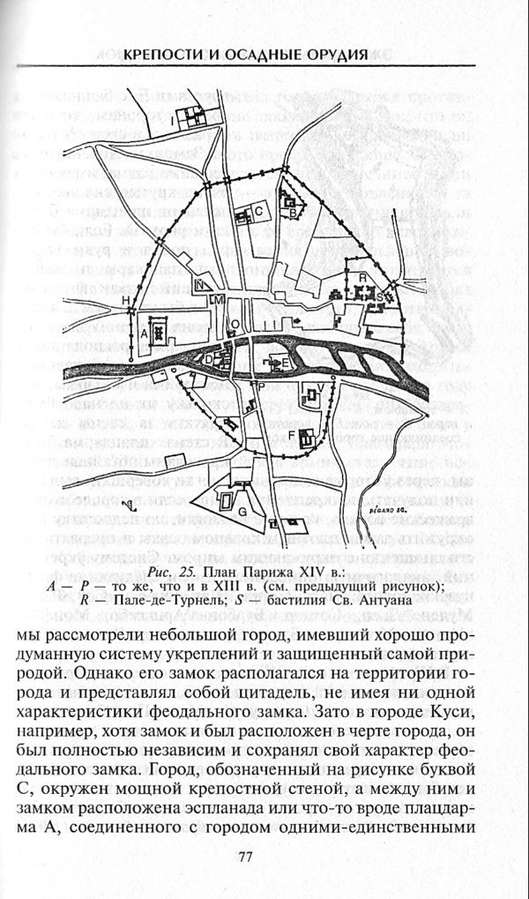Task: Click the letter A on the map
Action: click(x=144, y=333)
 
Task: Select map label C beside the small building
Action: click(x=260, y=210)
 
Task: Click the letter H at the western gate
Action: click(x=126, y=303)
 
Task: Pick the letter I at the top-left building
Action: click(x=173, y=120)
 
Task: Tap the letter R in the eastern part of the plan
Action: click(x=362, y=278)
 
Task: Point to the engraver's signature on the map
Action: click(x=377, y=511)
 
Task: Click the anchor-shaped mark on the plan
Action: click(x=130, y=506)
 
